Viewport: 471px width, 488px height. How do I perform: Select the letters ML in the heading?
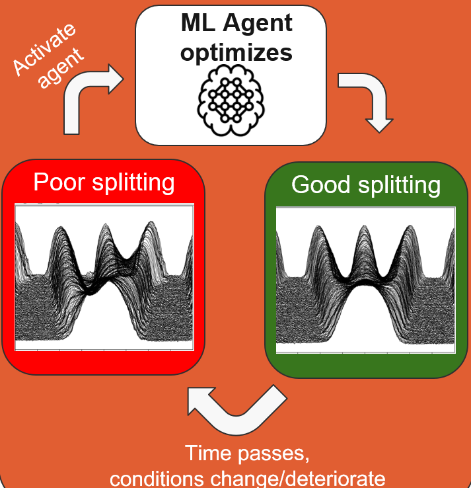[196, 24]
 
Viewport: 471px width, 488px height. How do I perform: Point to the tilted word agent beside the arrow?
[63, 68]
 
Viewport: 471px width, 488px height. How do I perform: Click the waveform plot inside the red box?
[104, 278]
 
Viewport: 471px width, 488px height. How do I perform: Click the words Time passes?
[237, 454]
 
